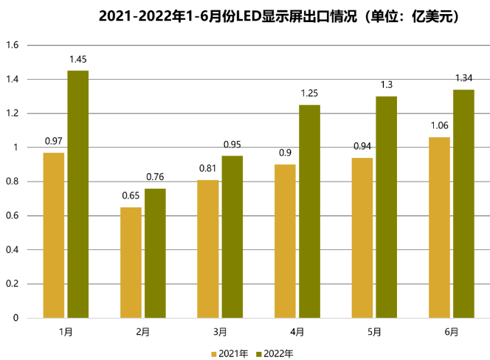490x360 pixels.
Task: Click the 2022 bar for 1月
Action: click(77, 194)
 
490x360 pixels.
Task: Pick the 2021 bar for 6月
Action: click(439, 227)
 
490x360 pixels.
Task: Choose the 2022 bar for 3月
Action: click(232, 237)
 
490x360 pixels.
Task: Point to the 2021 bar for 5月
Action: click(362, 238)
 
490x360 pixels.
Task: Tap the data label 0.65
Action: click(131, 196)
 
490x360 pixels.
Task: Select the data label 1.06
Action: click(439, 126)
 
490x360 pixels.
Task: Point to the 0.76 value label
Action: click(155, 178)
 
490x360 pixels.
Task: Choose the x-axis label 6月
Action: click(452, 332)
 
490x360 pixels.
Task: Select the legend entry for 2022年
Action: click(273, 353)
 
